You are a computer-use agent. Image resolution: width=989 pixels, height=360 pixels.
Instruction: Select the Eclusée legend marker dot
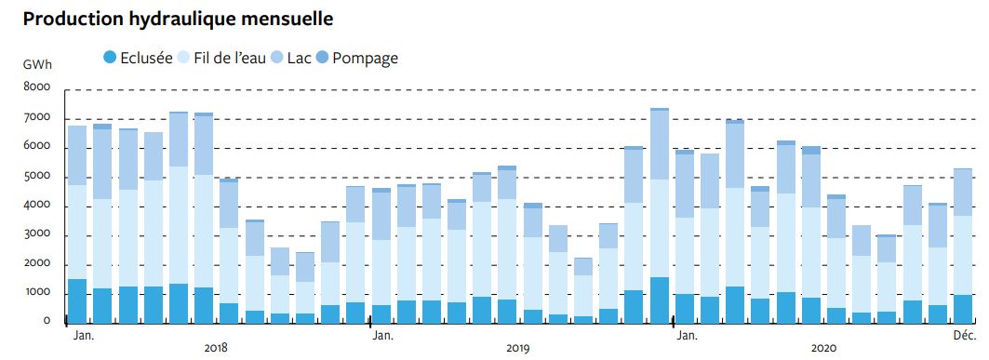pyautogui.click(x=111, y=58)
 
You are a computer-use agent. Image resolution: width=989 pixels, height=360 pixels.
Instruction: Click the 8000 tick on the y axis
pyautogui.click(x=36, y=88)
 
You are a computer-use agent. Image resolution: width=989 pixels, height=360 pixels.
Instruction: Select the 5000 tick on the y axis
pyautogui.click(x=36, y=177)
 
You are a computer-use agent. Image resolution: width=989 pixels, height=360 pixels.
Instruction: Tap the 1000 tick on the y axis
pyautogui.click(x=36, y=293)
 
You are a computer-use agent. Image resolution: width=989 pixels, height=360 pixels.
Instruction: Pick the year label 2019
pyautogui.click(x=518, y=348)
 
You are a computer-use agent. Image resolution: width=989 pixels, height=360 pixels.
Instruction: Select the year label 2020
pyautogui.click(x=822, y=348)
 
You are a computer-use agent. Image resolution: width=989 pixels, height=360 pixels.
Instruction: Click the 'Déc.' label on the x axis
pyautogui.click(x=963, y=335)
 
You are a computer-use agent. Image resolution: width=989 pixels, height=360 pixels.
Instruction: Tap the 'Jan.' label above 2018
pyautogui.click(x=83, y=335)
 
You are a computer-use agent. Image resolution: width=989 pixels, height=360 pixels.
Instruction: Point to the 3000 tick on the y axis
pyautogui.click(x=36, y=234)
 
